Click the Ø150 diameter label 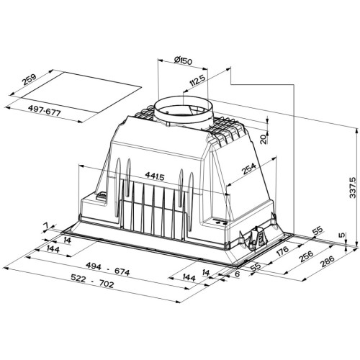pos(168,63)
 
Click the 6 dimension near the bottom pos(235,274)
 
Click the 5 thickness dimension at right pos(342,235)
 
